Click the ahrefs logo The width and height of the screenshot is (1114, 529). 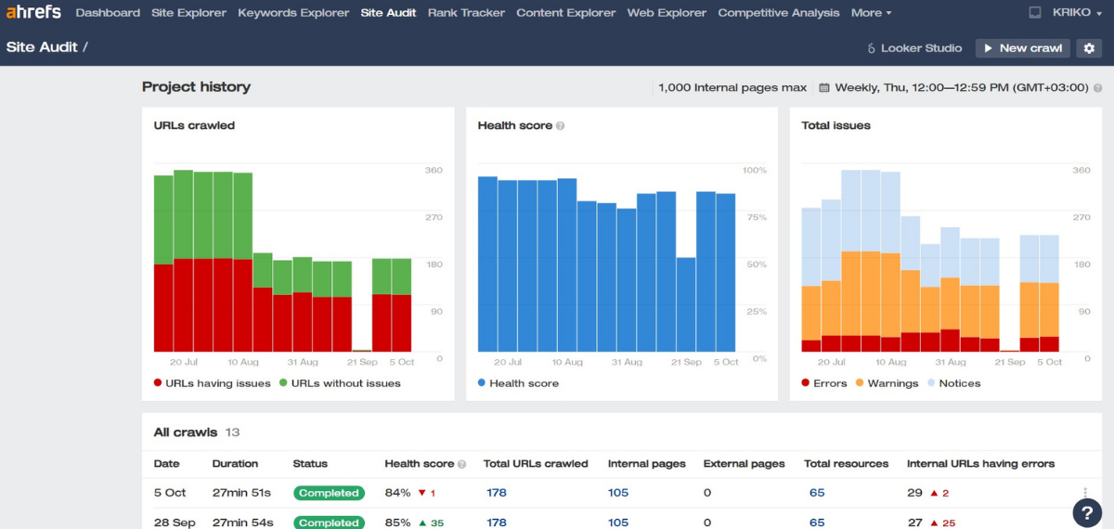pyautogui.click(x=33, y=12)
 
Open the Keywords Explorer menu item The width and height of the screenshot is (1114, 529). pyautogui.click(x=293, y=13)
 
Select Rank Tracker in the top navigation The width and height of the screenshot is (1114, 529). pyautogui.click(x=466, y=13)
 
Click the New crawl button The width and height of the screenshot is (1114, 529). pyautogui.click(x=1022, y=48)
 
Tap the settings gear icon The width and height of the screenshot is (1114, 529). pyautogui.click(x=1089, y=48)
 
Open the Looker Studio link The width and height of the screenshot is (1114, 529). pyautogui.click(x=914, y=48)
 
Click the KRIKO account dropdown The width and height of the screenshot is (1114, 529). pyautogui.click(x=1077, y=12)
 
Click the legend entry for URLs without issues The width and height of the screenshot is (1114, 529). pyautogui.click(x=340, y=383)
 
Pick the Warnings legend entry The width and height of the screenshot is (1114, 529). pyautogui.click(x=887, y=383)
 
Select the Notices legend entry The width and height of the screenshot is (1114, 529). pyautogui.click(x=954, y=383)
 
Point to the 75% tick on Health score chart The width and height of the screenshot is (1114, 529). pyautogui.click(x=757, y=217)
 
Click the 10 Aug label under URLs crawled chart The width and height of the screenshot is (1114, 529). pyautogui.click(x=243, y=362)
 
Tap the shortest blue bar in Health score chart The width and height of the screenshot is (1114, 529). pyautogui.click(x=686, y=304)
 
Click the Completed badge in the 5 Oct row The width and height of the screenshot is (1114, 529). pyautogui.click(x=329, y=493)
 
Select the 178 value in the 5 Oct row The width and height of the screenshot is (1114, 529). pyautogui.click(x=497, y=493)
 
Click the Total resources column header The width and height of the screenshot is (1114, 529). pyautogui.click(x=846, y=464)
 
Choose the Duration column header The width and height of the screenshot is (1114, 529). pyautogui.click(x=235, y=464)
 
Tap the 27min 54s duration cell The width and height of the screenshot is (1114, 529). pyautogui.click(x=242, y=523)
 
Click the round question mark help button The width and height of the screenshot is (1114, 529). pyautogui.click(x=1087, y=512)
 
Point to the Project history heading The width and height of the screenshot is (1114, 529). pyautogui.click(x=196, y=87)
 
